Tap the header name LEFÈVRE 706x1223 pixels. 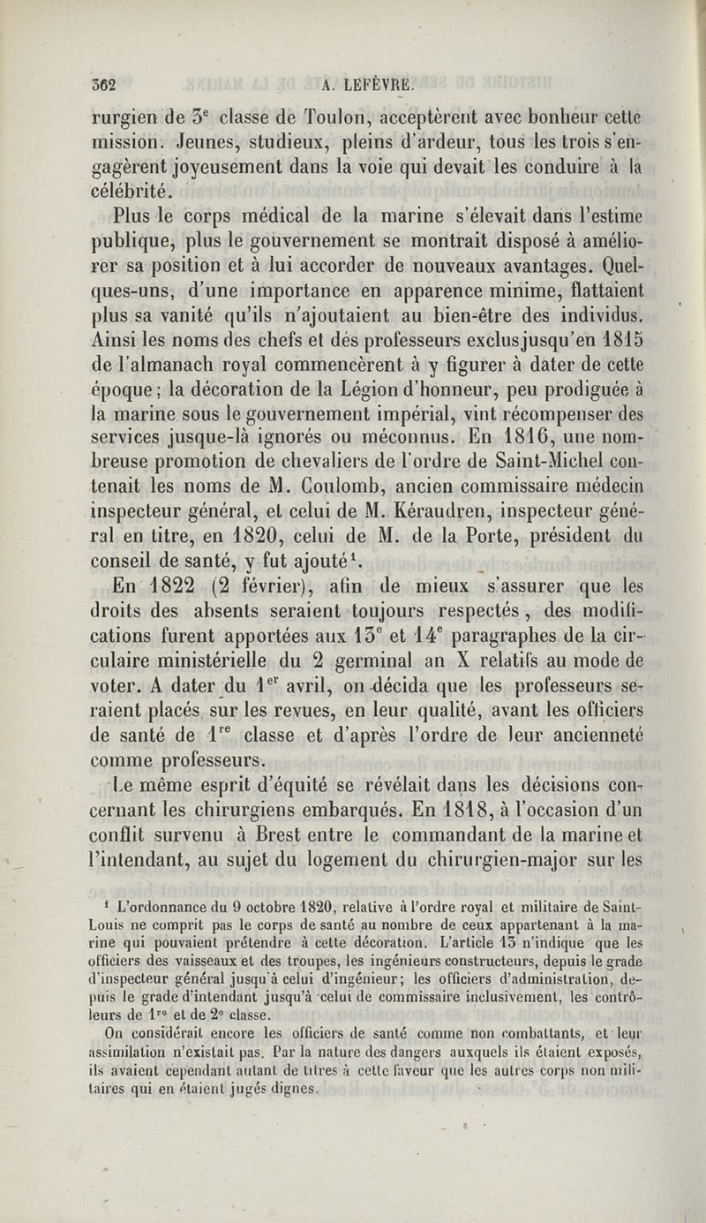[375, 86]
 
